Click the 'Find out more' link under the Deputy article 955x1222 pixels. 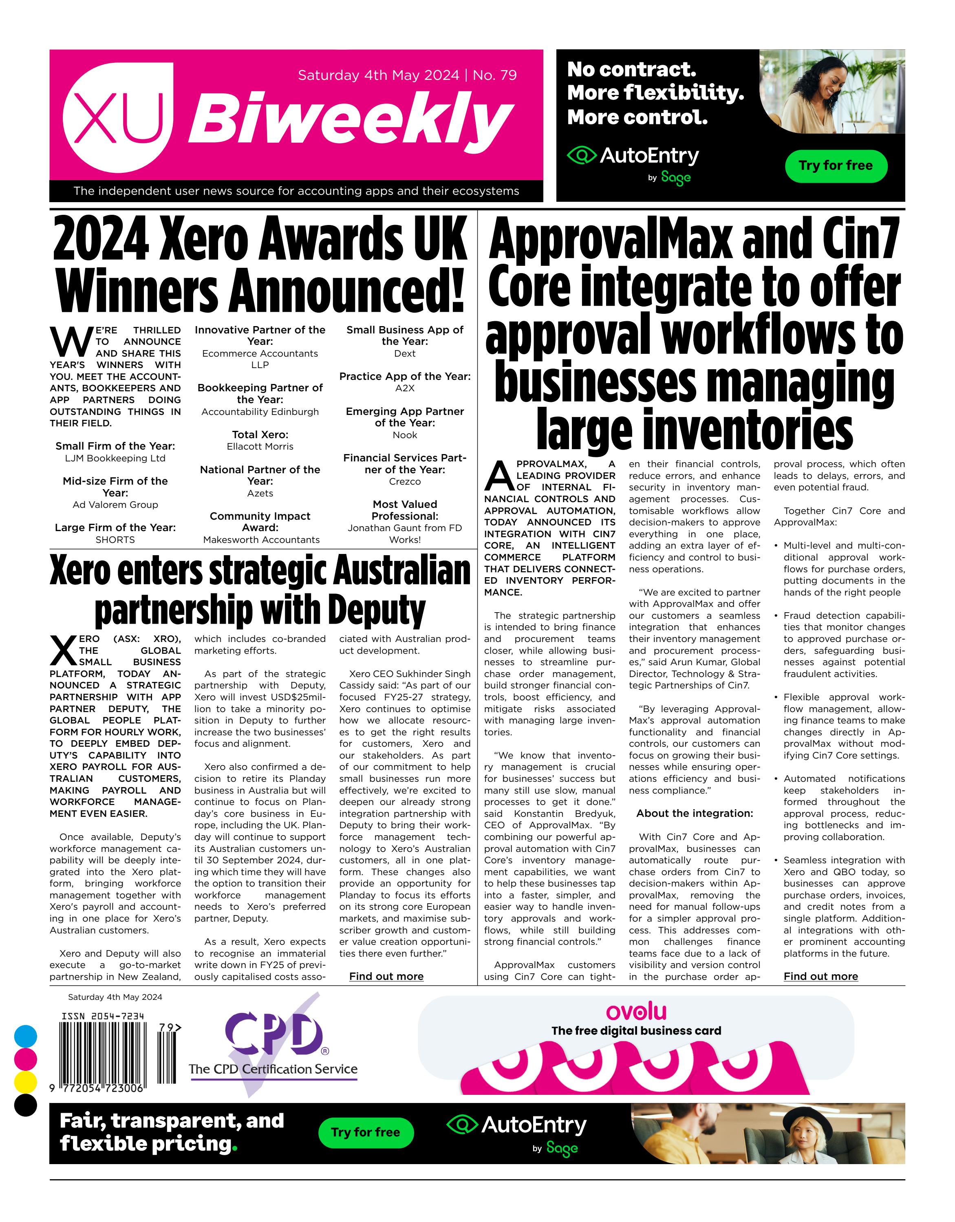point(386,976)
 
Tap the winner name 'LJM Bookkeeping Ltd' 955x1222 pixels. point(115,458)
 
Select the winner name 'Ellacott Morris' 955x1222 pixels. point(260,446)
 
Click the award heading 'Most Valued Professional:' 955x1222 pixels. point(405,510)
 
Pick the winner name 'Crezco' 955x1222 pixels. point(405,482)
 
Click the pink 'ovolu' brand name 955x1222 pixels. point(636,1012)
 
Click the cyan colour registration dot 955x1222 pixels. point(25,1036)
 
